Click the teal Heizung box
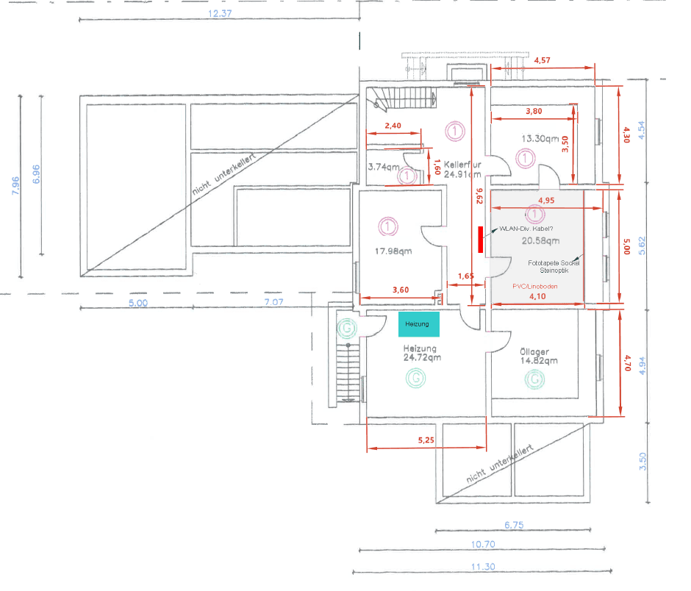point(419,323)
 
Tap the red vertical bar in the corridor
point(481,240)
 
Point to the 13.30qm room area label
point(542,138)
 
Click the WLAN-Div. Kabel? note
point(526,229)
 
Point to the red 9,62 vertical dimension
point(479,196)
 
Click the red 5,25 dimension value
point(426,440)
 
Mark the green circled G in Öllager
point(535,379)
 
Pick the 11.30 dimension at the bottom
point(483,567)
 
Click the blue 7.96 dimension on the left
point(16,187)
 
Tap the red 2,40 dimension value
point(393,126)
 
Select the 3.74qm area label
point(383,167)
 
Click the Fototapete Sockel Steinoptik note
point(554,266)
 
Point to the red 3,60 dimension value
point(400,290)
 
